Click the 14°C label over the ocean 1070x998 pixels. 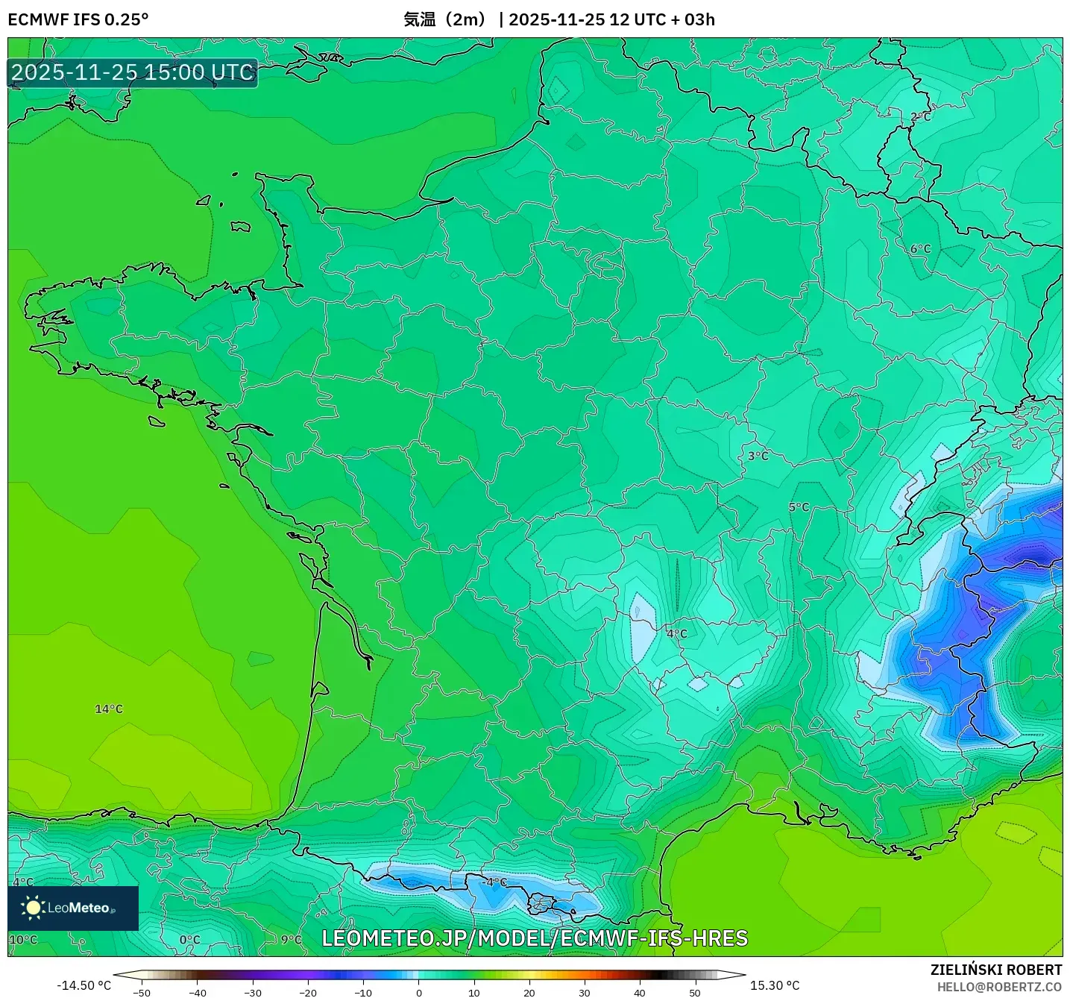coord(109,709)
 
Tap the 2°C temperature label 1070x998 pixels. coord(921,117)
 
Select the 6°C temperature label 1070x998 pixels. coord(921,249)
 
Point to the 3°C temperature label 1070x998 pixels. coord(758,456)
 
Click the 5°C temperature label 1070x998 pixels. coord(799,507)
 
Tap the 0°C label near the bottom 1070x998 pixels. coord(189,940)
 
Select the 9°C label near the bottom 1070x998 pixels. coord(292,939)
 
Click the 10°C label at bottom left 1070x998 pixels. coord(23,939)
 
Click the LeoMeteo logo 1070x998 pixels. coord(73,908)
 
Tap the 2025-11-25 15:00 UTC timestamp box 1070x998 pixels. coord(133,73)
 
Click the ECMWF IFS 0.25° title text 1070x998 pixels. coord(78,19)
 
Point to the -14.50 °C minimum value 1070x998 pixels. coord(84,985)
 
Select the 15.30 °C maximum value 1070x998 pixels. coord(775,985)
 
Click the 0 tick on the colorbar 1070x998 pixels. coord(419,993)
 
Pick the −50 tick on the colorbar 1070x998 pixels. coord(141,993)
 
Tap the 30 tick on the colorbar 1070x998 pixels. coord(584,993)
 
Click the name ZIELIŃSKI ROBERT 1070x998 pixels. coord(996,970)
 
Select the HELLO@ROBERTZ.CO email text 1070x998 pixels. coord(999,987)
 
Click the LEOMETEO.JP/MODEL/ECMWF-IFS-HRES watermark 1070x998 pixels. coord(535,938)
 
